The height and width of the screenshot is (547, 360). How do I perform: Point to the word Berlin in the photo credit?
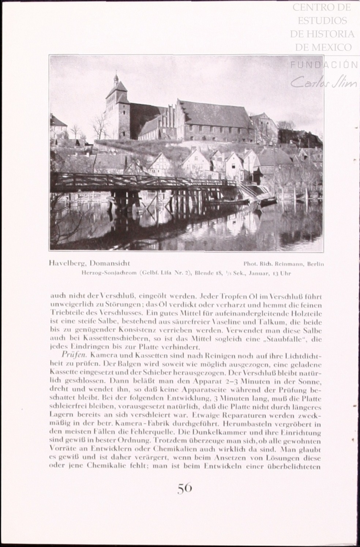click(x=316, y=264)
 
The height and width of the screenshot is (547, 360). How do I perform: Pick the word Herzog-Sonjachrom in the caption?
click(x=104, y=273)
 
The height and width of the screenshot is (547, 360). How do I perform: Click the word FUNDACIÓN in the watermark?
click(x=324, y=65)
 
